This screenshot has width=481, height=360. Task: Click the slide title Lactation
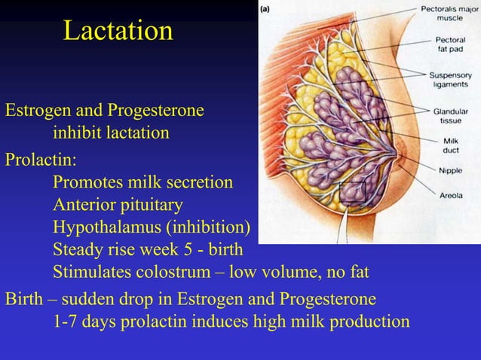pos(118,32)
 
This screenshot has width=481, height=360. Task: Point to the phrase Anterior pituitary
pos(118,205)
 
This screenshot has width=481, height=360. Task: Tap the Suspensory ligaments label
pos(450,80)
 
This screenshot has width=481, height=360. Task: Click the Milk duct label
pos(451,145)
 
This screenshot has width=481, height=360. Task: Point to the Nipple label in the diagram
pos(455,170)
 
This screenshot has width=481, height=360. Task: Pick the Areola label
pos(455,195)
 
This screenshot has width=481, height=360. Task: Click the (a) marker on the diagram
pos(268,8)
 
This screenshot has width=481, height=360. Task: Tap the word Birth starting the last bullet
pos(24,300)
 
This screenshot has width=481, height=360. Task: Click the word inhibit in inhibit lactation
pos(75,133)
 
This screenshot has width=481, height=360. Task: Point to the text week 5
pos(161,249)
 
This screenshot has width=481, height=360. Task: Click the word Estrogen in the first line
pos(36,111)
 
